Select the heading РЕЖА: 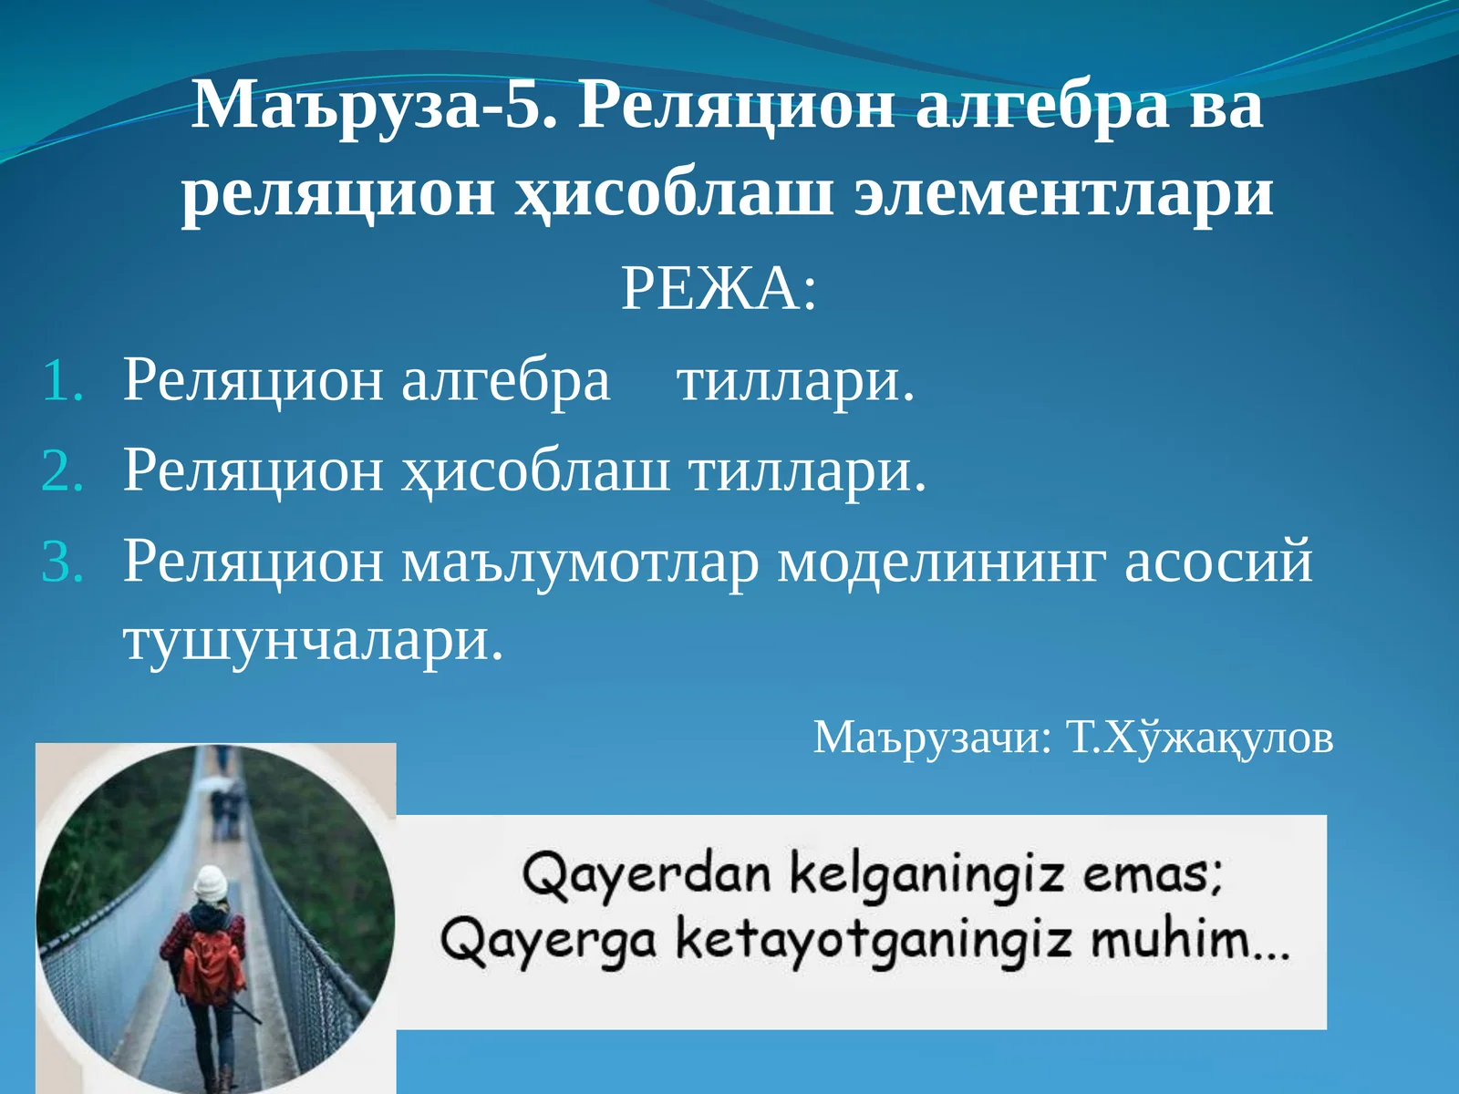719,290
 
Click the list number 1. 63,381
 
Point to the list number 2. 63,471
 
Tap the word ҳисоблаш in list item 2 535,471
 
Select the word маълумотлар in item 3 580,561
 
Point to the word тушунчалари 312,640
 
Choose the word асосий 1218,561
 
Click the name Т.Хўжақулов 1200,737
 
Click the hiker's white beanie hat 211,882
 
